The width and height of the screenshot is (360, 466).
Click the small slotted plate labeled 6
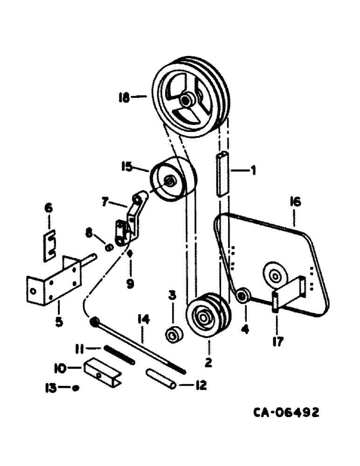click(x=49, y=245)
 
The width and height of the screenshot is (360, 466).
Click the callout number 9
click(x=130, y=283)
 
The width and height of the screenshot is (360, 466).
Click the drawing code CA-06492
click(x=286, y=412)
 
